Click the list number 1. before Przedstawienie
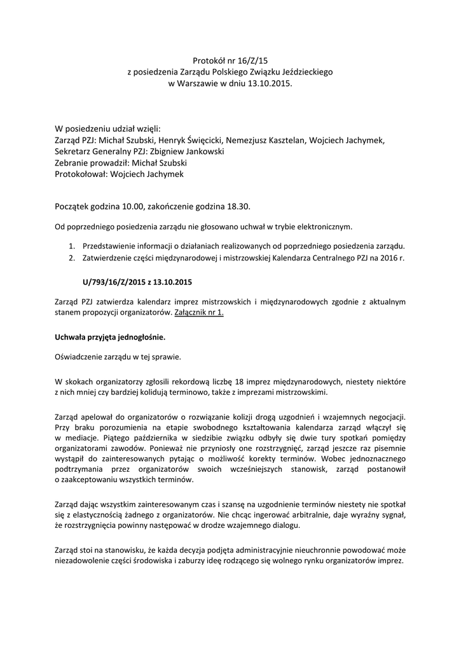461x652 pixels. point(72,246)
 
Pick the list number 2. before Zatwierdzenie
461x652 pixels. point(72,258)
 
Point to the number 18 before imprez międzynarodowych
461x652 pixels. point(222,381)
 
